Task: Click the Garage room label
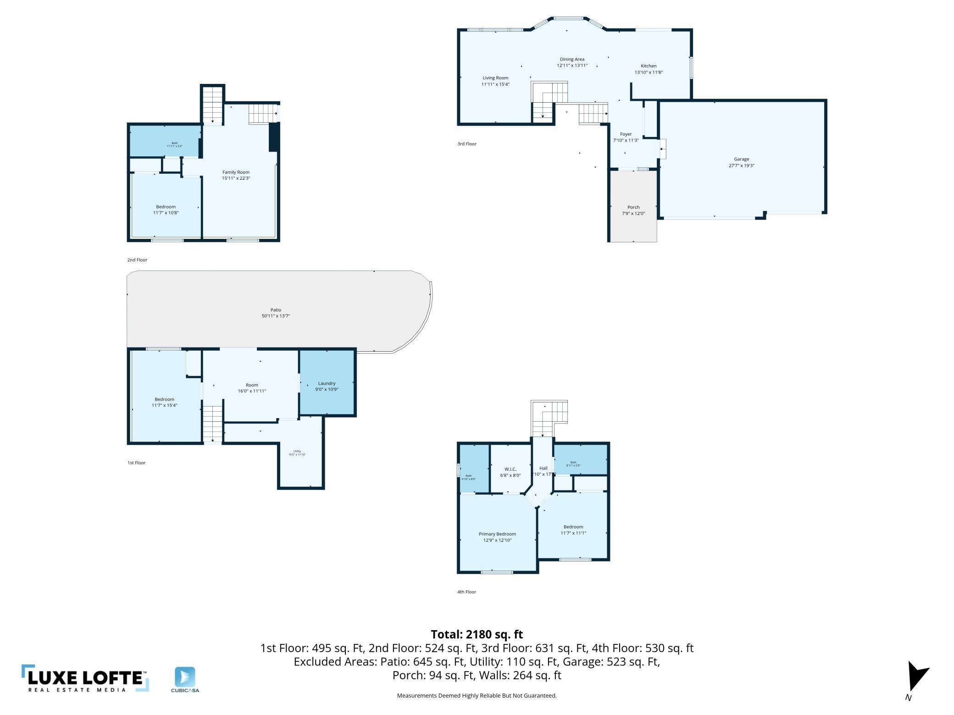coord(741,159)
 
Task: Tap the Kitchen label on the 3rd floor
coord(649,66)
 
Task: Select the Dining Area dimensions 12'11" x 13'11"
coord(572,66)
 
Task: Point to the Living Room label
coord(495,78)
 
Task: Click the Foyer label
coord(626,134)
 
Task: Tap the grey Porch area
coord(633,220)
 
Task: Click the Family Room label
coord(236,172)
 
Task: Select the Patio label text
coord(276,310)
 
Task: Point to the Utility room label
coord(297,451)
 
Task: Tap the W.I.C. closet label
coord(510,469)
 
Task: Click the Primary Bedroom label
coord(497,534)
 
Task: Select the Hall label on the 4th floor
coord(544,468)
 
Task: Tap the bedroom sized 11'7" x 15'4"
coord(164,402)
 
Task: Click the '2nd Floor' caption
coord(137,260)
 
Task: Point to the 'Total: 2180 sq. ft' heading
coord(477,634)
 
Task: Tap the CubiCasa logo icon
coord(185,677)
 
